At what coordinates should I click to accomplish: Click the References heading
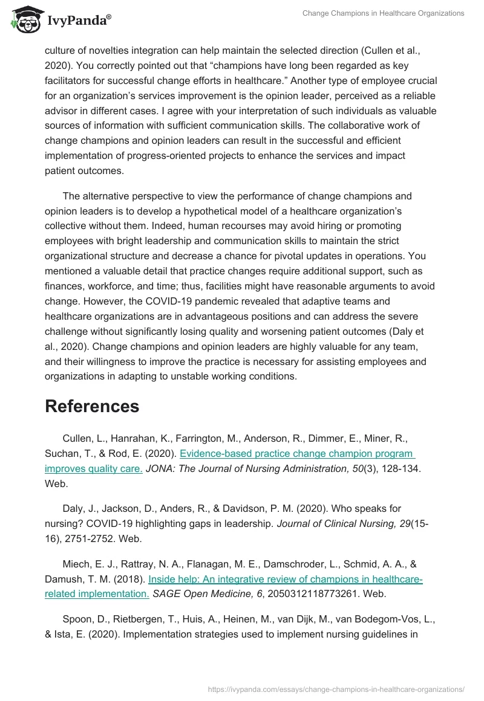(x=92, y=406)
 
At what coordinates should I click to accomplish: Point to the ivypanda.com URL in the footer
(x=336, y=688)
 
